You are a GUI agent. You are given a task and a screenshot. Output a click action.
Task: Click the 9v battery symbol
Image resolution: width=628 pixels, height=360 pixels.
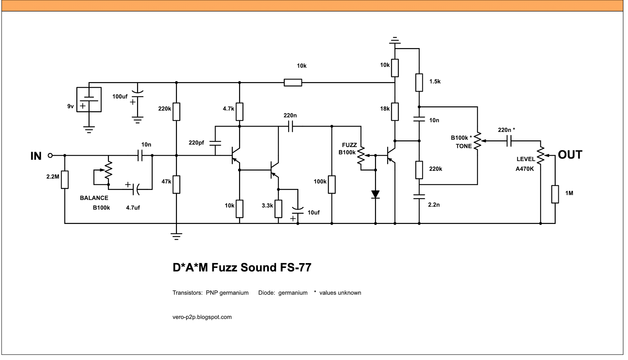(89, 100)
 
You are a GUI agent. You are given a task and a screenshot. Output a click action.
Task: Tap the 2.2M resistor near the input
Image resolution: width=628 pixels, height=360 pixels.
(65, 179)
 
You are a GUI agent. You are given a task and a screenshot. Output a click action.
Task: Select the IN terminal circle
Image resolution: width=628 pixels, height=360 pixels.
(50, 155)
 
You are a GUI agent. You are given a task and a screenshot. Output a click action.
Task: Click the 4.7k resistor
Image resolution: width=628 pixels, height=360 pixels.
(239, 112)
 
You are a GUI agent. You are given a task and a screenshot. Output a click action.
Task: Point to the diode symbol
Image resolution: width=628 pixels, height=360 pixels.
(375, 194)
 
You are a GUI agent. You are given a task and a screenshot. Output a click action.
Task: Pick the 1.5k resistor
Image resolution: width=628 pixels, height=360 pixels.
(419, 82)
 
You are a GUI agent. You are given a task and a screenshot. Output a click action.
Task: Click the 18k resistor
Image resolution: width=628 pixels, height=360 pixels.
(395, 112)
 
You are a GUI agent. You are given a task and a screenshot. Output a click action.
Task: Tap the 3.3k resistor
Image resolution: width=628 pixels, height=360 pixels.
(278, 209)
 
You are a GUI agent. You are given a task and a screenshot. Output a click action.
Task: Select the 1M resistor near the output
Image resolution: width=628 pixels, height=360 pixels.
(555, 194)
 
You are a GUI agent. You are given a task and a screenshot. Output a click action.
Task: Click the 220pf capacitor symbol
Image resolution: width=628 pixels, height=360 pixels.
(215, 143)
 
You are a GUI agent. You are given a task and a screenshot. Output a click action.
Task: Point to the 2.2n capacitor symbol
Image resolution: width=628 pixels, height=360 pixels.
(419, 197)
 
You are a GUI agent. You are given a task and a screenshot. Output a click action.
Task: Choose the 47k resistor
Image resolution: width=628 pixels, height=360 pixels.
(176, 185)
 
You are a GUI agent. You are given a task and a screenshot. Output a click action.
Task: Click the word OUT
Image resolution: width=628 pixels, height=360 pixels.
(570, 155)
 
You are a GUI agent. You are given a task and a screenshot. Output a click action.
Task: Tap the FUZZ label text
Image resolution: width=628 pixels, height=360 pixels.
(349, 145)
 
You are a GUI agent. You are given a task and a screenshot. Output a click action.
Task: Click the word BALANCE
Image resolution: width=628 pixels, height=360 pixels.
(94, 198)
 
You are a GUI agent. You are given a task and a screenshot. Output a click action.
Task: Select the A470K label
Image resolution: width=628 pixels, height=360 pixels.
(525, 169)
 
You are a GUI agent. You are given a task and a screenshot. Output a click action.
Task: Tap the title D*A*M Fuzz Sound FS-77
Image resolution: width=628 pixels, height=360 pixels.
(242, 267)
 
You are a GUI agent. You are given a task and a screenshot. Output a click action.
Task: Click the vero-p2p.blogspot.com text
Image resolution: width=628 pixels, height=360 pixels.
(202, 317)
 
